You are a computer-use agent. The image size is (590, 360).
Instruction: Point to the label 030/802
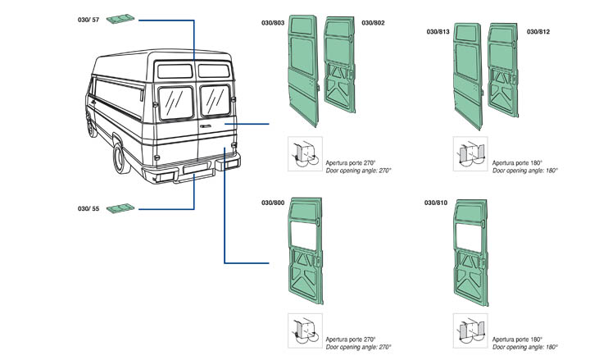click(x=372, y=22)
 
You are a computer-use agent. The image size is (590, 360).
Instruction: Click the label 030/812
click(x=539, y=32)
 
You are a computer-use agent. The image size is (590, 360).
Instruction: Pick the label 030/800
click(x=273, y=202)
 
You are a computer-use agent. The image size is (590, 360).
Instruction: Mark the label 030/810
click(x=437, y=202)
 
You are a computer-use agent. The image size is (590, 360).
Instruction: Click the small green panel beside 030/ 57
click(x=123, y=20)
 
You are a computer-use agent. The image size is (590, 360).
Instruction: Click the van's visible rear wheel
click(x=120, y=159)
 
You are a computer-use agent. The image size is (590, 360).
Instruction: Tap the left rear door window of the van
click(x=174, y=103)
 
